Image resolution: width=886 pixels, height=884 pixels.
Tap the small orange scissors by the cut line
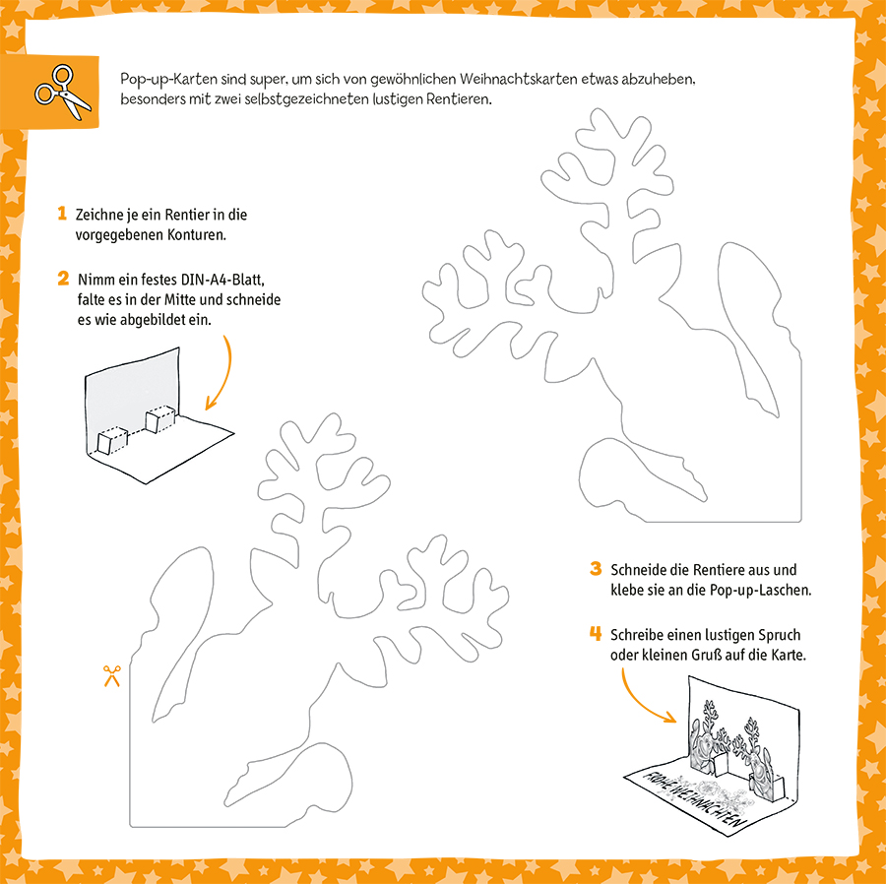coord(110,676)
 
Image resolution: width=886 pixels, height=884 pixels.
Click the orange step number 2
coord(62,279)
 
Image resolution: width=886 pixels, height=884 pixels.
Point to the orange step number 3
coord(596,569)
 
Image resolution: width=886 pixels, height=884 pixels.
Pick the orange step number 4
coord(596,633)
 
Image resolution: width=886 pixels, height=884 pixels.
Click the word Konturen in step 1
coord(197,236)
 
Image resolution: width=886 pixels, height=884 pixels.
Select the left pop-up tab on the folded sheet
coord(111,439)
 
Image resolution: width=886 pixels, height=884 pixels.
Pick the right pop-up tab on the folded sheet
coord(159,421)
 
